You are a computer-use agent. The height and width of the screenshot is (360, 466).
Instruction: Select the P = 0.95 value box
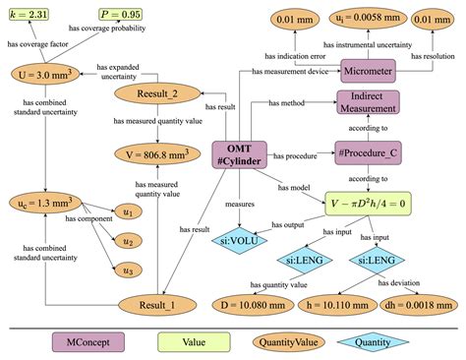[120, 16]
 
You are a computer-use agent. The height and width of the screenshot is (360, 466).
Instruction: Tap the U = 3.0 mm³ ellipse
[39, 75]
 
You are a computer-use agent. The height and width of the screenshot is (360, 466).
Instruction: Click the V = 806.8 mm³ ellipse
[154, 154]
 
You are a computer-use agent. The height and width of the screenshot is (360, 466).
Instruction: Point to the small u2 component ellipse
[128, 239]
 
